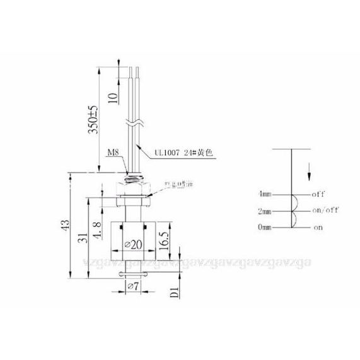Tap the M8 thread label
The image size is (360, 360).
click(x=112, y=152)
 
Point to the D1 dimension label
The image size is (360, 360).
click(x=175, y=292)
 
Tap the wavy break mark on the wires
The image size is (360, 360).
click(x=133, y=122)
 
